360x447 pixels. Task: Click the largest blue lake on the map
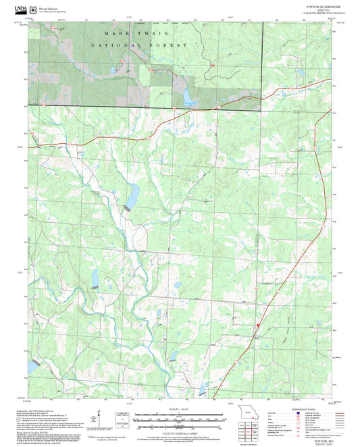[133, 195]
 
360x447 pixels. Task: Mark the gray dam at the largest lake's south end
[127, 209]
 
